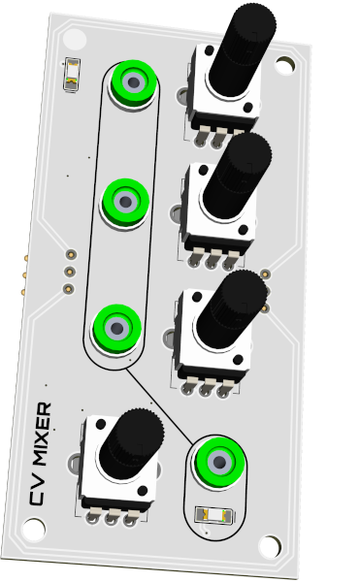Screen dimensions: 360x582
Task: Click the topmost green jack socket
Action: click(133, 83)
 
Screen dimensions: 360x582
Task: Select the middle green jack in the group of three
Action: click(125, 203)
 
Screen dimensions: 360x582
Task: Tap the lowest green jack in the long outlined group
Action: click(116, 329)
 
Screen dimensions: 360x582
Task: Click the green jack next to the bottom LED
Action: click(219, 463)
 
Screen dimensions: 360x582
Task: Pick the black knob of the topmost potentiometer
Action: click(242, 48)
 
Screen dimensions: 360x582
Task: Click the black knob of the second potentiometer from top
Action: click(237, 176)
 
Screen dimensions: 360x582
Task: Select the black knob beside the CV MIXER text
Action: click(132, 444)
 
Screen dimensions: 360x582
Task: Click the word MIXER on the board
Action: click(42, 435)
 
